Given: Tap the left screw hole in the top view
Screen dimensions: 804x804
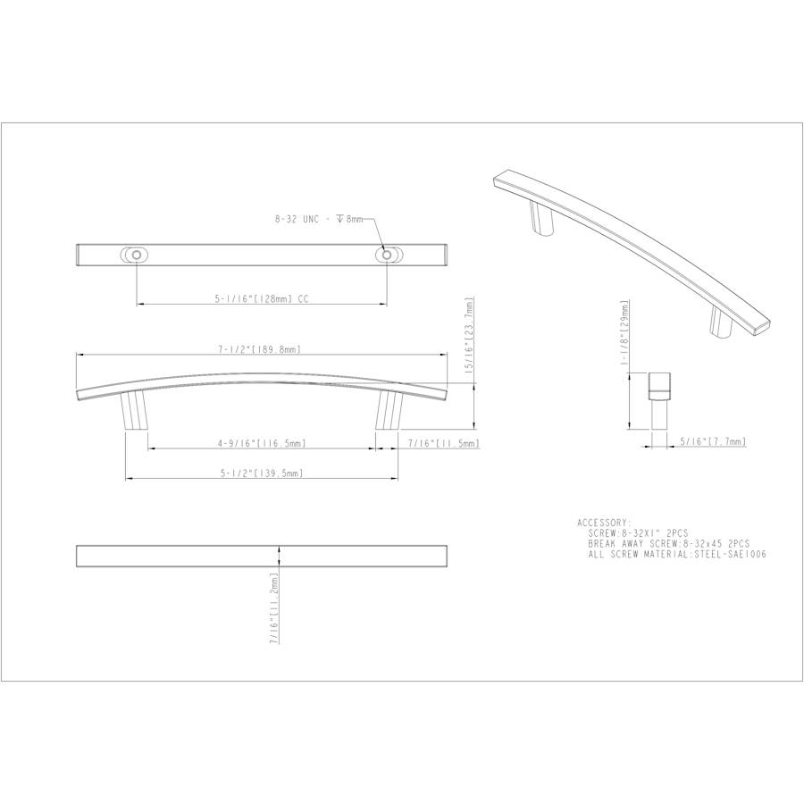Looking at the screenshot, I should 136,255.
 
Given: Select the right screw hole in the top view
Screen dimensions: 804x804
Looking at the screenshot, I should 386,255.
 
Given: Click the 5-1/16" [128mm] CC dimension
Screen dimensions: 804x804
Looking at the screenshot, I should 260,301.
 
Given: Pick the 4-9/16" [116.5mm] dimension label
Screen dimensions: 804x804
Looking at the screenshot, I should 261,443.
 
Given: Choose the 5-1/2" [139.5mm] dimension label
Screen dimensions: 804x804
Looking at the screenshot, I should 261,473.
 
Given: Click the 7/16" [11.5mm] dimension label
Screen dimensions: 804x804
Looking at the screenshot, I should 443,443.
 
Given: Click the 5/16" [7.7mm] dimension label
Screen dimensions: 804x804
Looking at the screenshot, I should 712,441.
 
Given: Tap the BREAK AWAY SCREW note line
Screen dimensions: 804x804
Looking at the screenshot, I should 668,543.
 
